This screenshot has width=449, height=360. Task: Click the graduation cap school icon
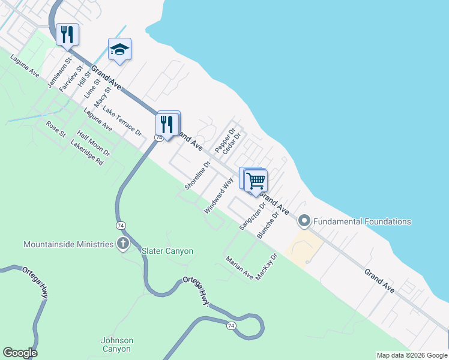click(119, 50)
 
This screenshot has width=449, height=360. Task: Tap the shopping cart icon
click(256, 181)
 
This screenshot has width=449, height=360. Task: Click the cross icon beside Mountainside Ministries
click(122, 244)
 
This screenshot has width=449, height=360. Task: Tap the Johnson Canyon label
click(117, 344)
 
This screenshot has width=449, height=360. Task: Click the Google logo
click(20, 353)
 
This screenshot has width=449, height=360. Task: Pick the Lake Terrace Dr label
click(122, 121)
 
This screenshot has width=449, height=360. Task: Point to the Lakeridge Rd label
click(87, 153)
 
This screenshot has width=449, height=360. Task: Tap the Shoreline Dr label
click(197, 176)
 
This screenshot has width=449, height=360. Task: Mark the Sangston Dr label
click(252, 216)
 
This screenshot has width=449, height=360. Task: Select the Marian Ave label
click(240, 268)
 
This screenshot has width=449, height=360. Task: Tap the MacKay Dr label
click(267, 267)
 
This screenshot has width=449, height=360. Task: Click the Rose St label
click(56, 129)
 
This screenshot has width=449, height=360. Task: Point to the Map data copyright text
click(411, 355)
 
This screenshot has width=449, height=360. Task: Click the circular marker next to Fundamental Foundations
click(304, 221)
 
